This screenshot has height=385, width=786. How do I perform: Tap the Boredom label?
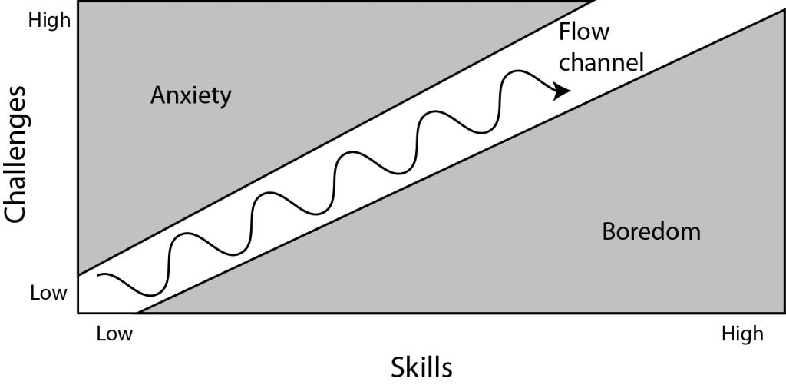tap(651, 231)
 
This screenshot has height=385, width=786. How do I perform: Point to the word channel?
tap(601, 61)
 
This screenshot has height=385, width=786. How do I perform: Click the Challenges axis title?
tap(16, 153)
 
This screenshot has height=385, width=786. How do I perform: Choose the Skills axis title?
tap(421, 367)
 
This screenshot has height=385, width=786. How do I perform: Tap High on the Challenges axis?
tap(48, 21)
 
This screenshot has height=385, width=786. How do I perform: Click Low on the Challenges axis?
tap(49, 293)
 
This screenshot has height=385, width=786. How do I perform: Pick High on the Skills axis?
tap(742, 334)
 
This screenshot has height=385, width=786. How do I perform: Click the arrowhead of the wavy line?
tap(563, 90)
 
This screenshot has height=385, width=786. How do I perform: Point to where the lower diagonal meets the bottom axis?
tap(137, 314)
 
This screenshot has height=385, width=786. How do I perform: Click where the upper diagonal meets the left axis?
tap(79, 274)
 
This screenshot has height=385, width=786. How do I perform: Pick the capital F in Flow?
tap(565, 33)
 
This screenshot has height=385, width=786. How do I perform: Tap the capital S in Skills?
tap(399, 367)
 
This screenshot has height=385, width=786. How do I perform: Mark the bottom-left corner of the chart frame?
tap(79, 314)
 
